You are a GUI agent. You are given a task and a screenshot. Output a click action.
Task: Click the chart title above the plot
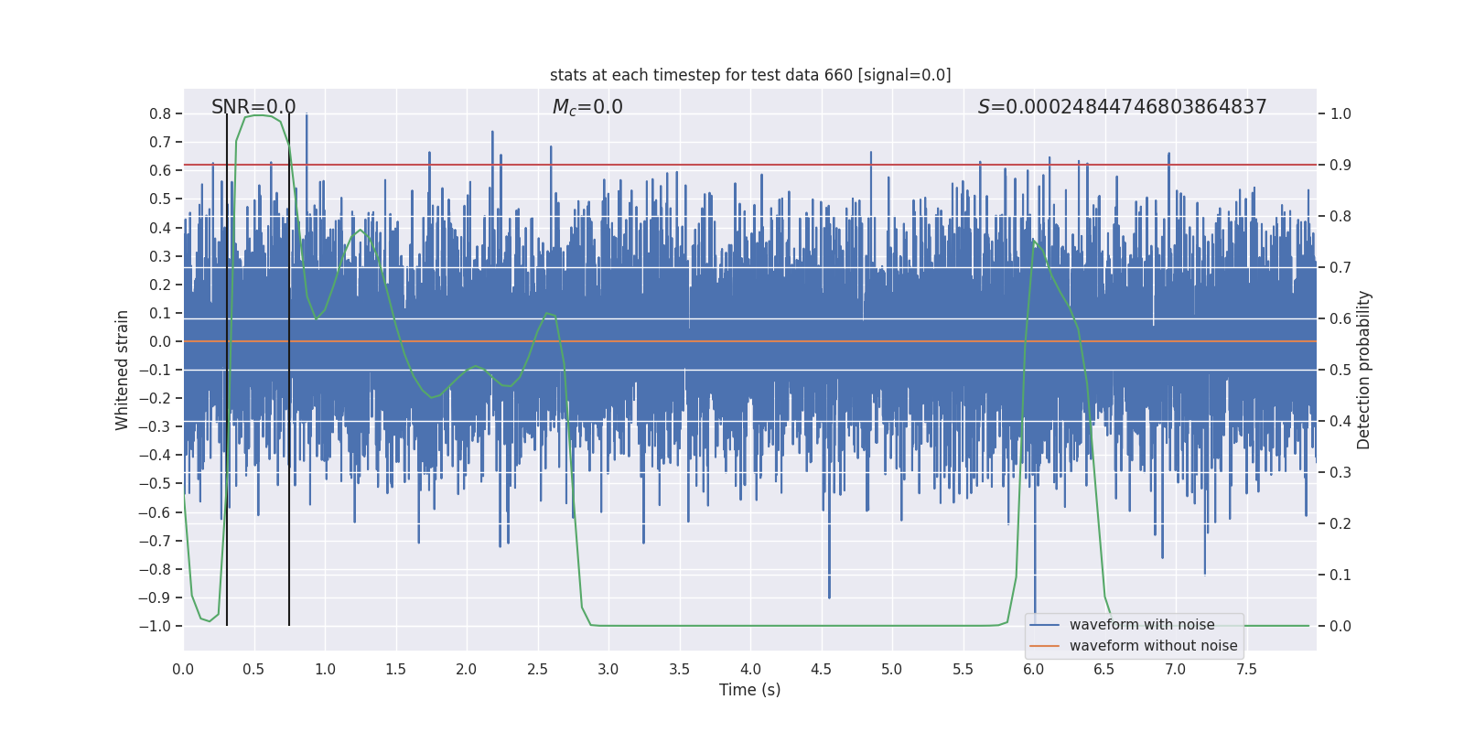click(750, 75)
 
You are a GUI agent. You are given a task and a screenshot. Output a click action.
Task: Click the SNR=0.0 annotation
click(253, 107)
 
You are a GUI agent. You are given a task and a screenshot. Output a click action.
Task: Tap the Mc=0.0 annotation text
click(587, 107)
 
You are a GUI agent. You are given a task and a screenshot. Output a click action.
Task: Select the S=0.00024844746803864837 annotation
click(1122, 107)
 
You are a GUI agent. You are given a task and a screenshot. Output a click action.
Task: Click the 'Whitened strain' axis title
click(123, 370)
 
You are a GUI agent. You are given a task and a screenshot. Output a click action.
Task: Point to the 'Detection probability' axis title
click(1364, 370)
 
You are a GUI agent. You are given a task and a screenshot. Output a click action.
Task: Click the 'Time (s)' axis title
click(749, 690)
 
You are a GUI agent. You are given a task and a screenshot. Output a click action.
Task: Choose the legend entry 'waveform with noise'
click(1142, 625)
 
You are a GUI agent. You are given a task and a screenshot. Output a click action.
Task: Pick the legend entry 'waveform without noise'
click(1153, 646)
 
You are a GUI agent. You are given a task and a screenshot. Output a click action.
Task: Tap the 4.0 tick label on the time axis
click(750, 670)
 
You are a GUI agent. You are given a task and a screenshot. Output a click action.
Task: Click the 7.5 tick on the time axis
click(1246, 670)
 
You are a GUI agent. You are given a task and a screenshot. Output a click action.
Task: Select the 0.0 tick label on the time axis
click(183, 670)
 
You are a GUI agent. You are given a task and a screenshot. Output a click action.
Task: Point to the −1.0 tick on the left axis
click(155, 626)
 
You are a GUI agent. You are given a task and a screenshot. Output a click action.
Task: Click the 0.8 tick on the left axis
click(160, 114)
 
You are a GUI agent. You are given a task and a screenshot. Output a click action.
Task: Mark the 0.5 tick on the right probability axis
click(1340, 371)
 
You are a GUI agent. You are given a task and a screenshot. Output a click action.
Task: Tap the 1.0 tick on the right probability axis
click(1340, 114)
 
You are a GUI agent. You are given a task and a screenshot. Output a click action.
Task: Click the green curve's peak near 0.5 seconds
click(260, 115)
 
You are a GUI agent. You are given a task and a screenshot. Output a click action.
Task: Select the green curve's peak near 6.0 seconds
click(1033, 241)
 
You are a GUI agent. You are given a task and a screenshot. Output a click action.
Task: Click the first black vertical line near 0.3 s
click(227, 366)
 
